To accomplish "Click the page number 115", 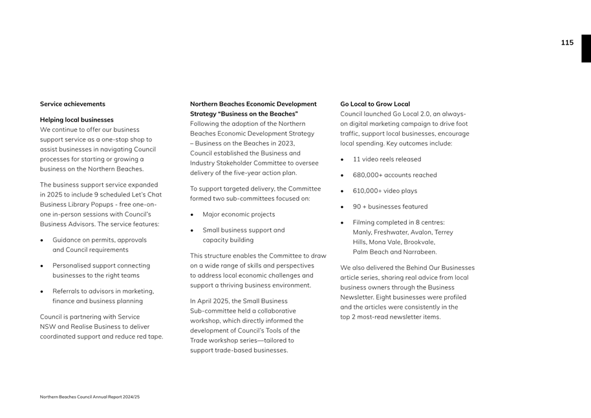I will (x=566, y=43).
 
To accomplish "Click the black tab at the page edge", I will (x=586, y=48).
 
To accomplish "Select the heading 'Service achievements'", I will (x=72, y=104).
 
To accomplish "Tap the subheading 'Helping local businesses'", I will (x=76, y=120).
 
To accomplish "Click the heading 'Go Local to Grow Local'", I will (x=375, y=104).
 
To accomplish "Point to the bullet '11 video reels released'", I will (x=387, y=159).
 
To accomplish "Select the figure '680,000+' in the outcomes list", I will (x=367, y=175).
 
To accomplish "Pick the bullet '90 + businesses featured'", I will (x=390, y=207).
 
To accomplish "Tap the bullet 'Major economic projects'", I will (x=239, y=214).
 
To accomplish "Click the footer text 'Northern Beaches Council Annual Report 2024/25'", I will (x=90, y=397).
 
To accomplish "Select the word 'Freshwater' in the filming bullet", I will (x=394, y=232).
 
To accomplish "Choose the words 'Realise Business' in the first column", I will (x=95, y=326).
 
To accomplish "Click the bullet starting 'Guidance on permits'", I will (x=100, y=240).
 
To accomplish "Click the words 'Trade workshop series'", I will (x=224, y=340).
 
